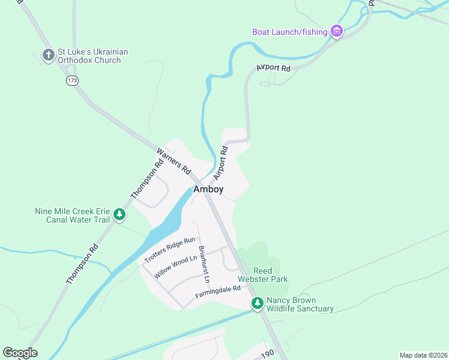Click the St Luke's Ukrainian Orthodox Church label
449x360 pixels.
tap(93, 56)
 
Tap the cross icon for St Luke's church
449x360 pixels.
tap(49, 55)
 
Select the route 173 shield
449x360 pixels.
tap(73, 80)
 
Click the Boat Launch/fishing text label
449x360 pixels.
tap(290, 32)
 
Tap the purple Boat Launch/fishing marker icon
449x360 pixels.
tap(336, 31)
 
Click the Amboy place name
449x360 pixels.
tap(208, 190)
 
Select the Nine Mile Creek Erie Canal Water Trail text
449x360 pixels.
tap(72, 215)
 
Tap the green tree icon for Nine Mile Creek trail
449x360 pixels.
tap(120, 214)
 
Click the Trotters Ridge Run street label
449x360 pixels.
tap(170, 250)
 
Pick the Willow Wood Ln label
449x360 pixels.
tap(175, 267)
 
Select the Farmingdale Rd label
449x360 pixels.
tap(217, 292)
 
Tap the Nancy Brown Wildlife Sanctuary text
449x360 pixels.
tap(300, 305)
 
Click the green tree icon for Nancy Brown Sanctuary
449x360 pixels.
tap(258, 304)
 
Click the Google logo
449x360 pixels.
tap(20, 353)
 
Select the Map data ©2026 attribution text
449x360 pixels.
tap(423, 355)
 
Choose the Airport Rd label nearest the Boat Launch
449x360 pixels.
tap(273, 68)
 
